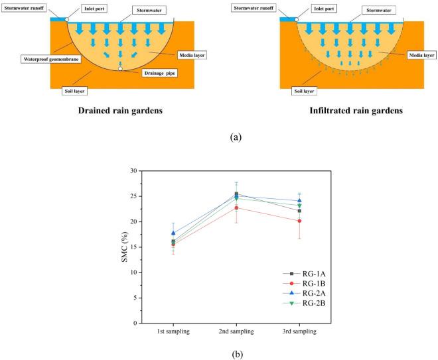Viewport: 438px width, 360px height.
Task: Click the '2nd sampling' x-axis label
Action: [235, 331]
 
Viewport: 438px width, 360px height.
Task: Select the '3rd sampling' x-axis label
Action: [298, 331]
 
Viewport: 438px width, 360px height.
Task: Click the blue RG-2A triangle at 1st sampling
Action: [173, 233]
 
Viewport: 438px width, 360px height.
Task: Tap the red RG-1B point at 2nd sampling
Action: [236, 208]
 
